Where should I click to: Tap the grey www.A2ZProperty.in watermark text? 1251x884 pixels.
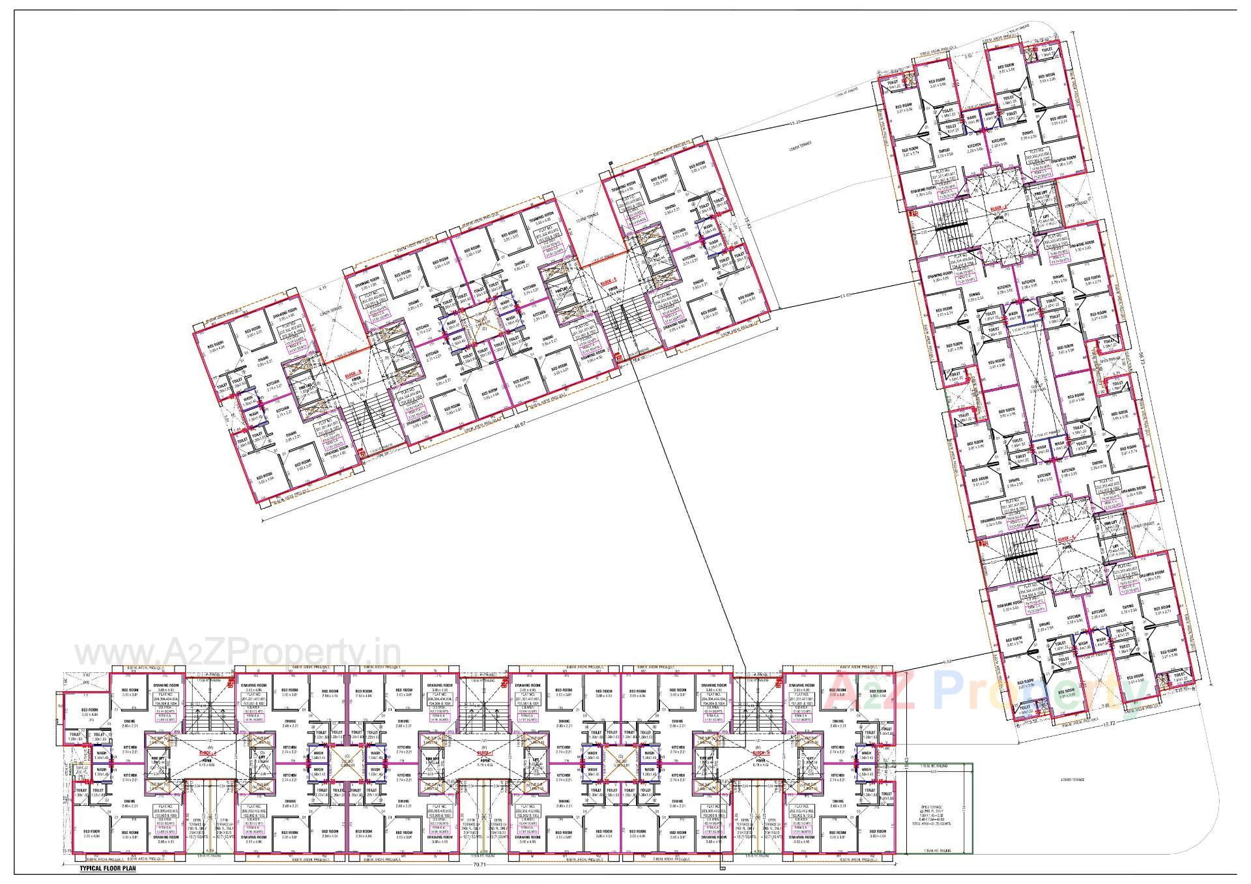237,653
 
